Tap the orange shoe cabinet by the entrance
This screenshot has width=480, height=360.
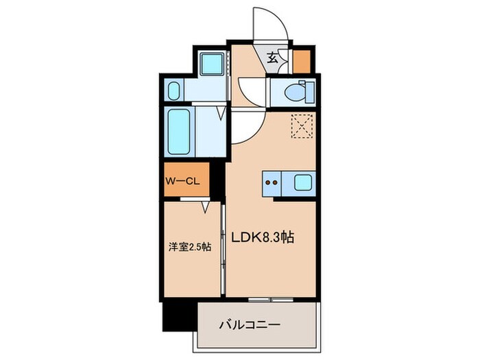(x=301, y=61)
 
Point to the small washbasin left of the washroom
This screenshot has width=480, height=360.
(x=174, y=90)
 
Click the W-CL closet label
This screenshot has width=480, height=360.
(x=180, y=181)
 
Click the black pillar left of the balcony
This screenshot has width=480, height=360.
(x=179, y=315)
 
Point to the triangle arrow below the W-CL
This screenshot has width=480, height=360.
(x=205, y=206)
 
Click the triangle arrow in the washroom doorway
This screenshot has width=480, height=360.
(x=221, y=112)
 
